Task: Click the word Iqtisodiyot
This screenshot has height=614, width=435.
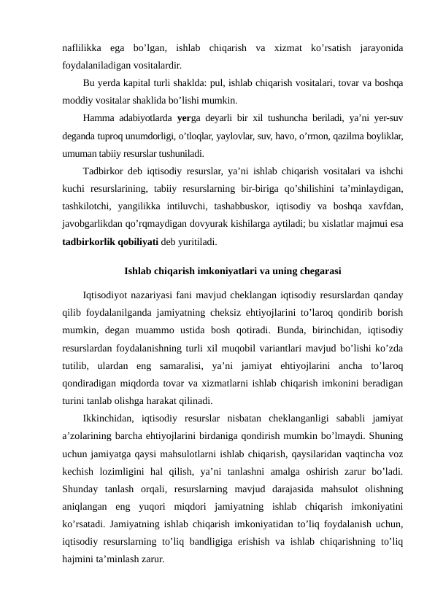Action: click(x=107, y=296)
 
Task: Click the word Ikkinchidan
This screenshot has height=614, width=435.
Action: click(x=110, y=419)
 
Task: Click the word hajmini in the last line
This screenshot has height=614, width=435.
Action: click(x=77, y=559)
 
